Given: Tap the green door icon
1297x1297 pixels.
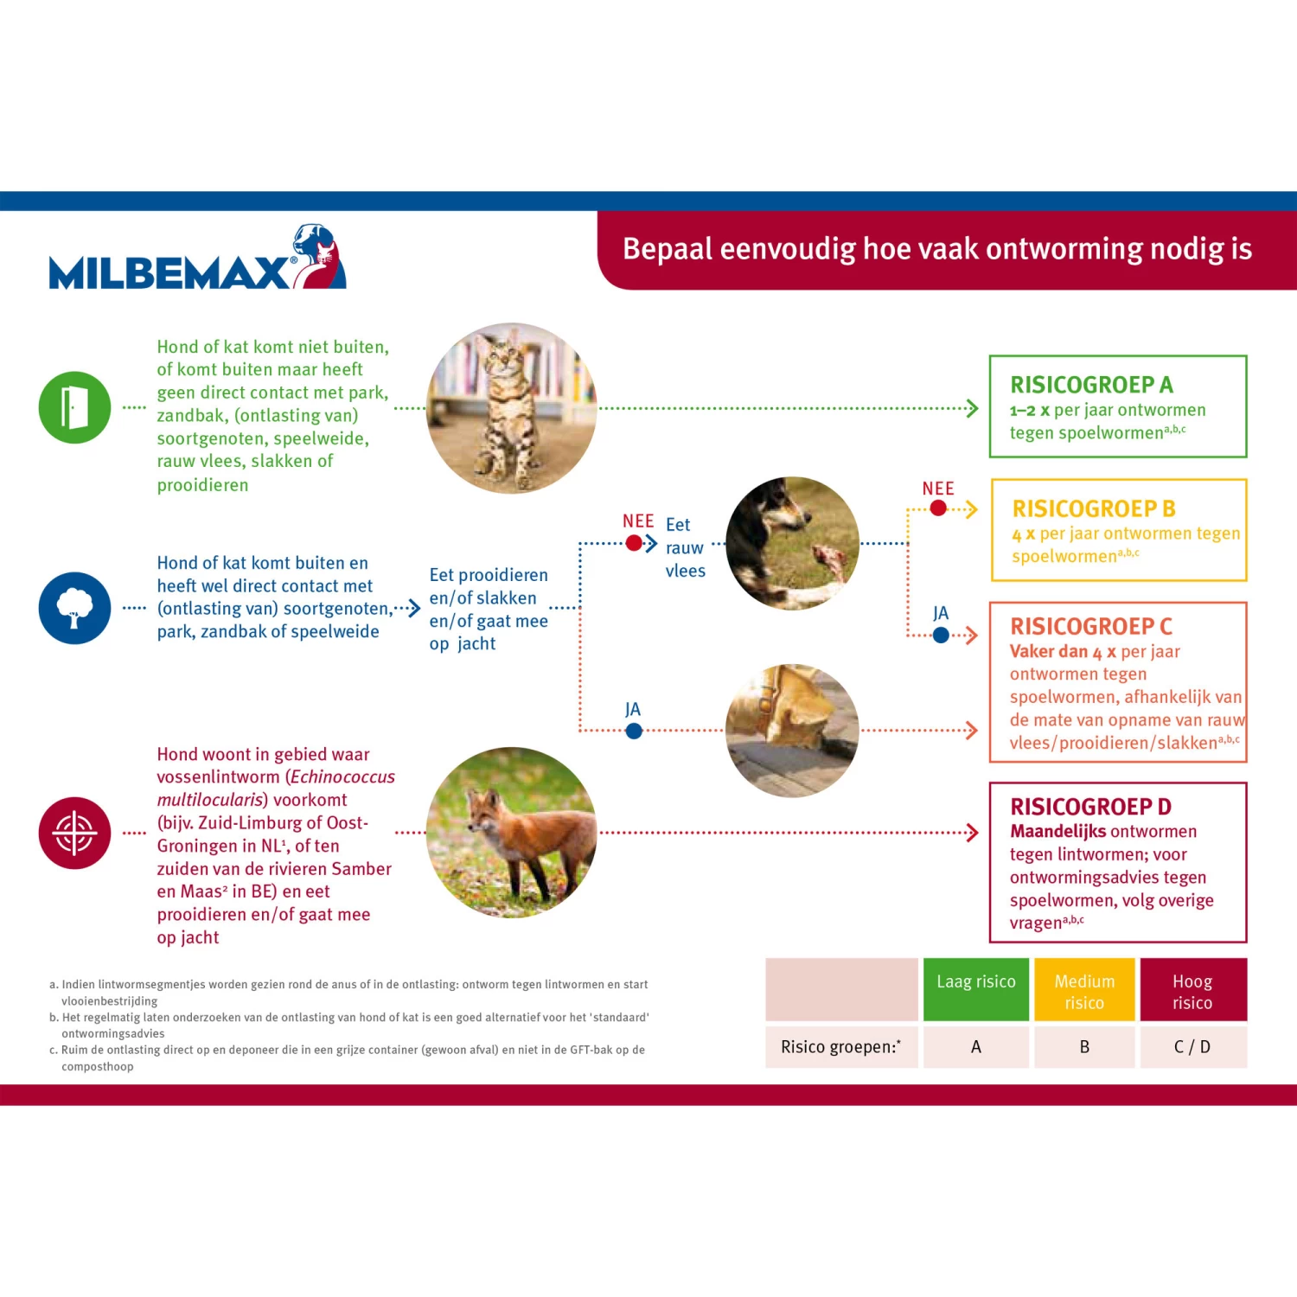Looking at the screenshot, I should pos(74,407).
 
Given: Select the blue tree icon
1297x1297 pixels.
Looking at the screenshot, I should pos(74,608).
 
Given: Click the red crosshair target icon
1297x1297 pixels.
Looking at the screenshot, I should pos(74,833).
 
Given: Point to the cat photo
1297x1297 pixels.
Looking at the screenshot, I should pos(512,408).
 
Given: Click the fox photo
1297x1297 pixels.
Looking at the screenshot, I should pos(512,832).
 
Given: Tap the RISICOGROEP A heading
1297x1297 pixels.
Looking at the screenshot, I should pos(1091,385).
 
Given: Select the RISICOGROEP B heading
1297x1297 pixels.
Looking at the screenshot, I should pos(1094,508).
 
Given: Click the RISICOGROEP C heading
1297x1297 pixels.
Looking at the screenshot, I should pos(1091,626).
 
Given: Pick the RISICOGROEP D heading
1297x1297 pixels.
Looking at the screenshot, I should pos(1090,807).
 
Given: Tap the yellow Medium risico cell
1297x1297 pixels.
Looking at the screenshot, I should pos(1084,991).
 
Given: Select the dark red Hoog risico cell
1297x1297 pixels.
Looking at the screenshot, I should pos(1192,991).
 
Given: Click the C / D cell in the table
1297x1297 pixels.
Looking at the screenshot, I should pos(1192,1047).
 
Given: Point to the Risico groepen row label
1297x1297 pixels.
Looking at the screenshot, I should pos(840,1047).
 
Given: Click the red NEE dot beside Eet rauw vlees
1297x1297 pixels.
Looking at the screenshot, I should pos(634,543).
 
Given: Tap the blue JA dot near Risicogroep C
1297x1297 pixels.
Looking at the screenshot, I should pos(941,636).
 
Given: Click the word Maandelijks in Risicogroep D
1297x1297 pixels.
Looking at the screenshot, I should pos(1059,832).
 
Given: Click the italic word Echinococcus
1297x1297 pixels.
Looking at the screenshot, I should pos(342,777).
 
